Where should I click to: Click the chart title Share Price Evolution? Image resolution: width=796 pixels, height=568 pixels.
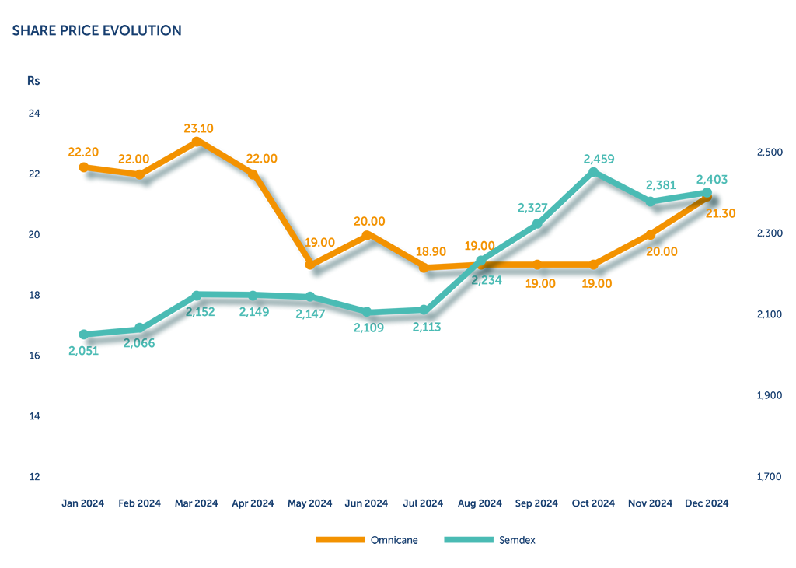click(x=96, y=31)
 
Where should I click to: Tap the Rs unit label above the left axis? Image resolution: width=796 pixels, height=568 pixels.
click(x=33, y=80)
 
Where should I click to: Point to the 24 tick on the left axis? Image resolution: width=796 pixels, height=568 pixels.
click(x=34, y=114)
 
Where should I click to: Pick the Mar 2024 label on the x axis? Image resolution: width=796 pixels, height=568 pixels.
click(x=196, y=503)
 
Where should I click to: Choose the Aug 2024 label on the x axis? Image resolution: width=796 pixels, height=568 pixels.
click(x=480, y=503)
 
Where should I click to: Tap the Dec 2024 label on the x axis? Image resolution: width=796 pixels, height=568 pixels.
click(x=707, y=503)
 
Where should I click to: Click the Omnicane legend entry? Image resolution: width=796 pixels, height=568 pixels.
click(x=394, y=540)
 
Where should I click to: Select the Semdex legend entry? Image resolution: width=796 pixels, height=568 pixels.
click(x=517, y=540)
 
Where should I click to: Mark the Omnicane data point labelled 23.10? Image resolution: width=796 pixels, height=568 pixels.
click(x=197, y=141)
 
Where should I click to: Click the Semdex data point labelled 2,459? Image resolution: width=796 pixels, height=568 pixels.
click(x=594, y=172)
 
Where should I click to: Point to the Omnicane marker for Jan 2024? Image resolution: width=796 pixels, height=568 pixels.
click(x=83, y=167)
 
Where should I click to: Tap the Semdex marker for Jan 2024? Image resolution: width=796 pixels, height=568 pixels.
click(x=83, y=335)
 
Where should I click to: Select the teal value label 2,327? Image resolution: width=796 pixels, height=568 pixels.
click(x=532, y=208)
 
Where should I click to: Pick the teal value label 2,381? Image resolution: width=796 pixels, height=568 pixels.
click(x=662, y=185)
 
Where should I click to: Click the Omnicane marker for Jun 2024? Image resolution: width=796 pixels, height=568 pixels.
click(x=367, y=234)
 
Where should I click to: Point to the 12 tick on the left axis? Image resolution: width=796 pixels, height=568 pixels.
click(x=34, y=476)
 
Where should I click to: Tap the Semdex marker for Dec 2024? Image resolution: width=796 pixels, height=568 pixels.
click(x=707, y=192)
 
